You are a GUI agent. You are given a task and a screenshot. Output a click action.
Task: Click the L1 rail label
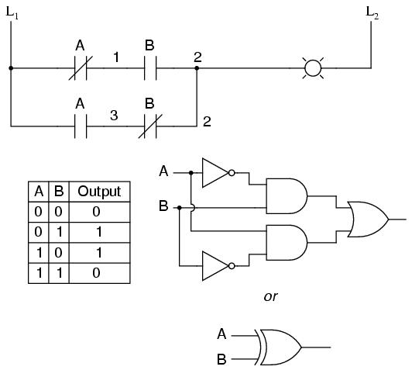click(x=12, y=12)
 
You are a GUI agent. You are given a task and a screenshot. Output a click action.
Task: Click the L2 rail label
click(x=373, y=12)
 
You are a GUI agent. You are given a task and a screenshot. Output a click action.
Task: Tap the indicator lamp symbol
click(x=313, y=68)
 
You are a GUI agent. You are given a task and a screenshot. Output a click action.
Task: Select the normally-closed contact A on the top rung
click(x=81, y=68)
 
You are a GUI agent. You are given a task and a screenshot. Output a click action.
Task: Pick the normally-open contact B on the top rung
click(x=150, y=68)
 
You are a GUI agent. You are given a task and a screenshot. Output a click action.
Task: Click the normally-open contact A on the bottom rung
click(x=81, y=126)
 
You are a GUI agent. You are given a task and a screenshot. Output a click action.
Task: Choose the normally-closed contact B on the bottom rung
click(x=150, y=126)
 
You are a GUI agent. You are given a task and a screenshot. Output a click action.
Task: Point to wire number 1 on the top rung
click(x=116, y=57)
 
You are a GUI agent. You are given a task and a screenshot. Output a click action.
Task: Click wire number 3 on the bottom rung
click(x=114, y=116)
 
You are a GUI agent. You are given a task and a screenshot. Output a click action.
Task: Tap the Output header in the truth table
click(x=99, y=192)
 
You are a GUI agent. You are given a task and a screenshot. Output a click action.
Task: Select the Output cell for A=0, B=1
click(x=99, y=232)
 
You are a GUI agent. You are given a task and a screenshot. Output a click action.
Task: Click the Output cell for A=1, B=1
click(x=96, y=272)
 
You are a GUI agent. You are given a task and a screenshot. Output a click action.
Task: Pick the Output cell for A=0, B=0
click(x=96, y=212)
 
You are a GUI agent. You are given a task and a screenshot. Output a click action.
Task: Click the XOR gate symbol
click(x=278, y=347)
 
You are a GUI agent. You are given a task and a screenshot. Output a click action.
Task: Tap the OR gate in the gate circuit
click(x=368, y=220)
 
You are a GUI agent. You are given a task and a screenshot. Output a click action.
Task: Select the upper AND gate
click(x=287, y=196)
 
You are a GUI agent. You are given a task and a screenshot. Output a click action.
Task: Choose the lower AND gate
click(x=287, y=242)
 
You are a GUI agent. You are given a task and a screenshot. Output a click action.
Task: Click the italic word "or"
click(x=270, y=296)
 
